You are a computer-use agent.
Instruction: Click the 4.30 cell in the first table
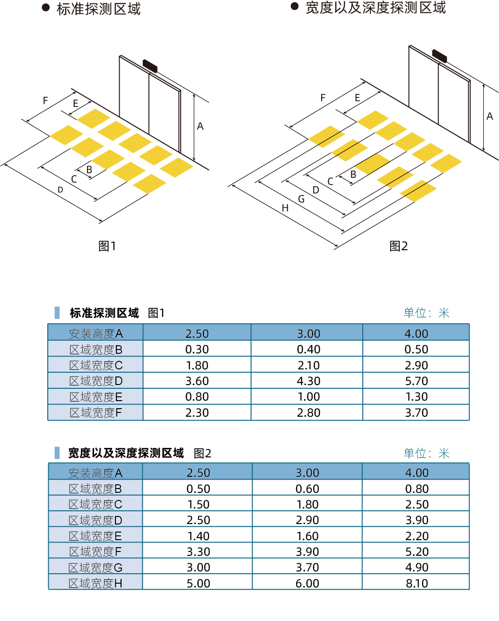tap(308, 381)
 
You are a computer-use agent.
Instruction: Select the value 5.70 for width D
tap(416, 381)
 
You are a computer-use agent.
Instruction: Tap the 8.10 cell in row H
tap(416, 584)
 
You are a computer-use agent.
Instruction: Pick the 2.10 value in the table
tap(308, 366)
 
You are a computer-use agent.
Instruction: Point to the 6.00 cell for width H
tap(307, 584)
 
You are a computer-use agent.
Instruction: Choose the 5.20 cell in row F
tap(416, 552)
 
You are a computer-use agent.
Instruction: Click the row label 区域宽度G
tap(96, 568)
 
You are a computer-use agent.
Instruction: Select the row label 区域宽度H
tap(96, 584)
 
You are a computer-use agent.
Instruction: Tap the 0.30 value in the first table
tap(197, 350)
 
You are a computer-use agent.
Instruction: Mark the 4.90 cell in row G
tap(416, 568)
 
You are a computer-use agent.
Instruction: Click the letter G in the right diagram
tap(301, 199)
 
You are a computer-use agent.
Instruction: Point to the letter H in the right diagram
tap(285, 208)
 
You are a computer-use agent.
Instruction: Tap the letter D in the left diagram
tap(61, 190)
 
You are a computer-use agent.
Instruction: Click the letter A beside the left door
tap(200, 126)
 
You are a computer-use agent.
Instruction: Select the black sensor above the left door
tap(150, 66)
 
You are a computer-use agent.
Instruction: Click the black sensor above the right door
tap(439, 56)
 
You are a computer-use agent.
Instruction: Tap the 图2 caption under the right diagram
tap(399, 246)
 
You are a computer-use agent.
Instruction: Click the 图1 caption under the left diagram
tap(107, 246)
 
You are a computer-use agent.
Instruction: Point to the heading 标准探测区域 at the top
tap(99, 9)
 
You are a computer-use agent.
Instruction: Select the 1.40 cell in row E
tap(198, 536)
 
